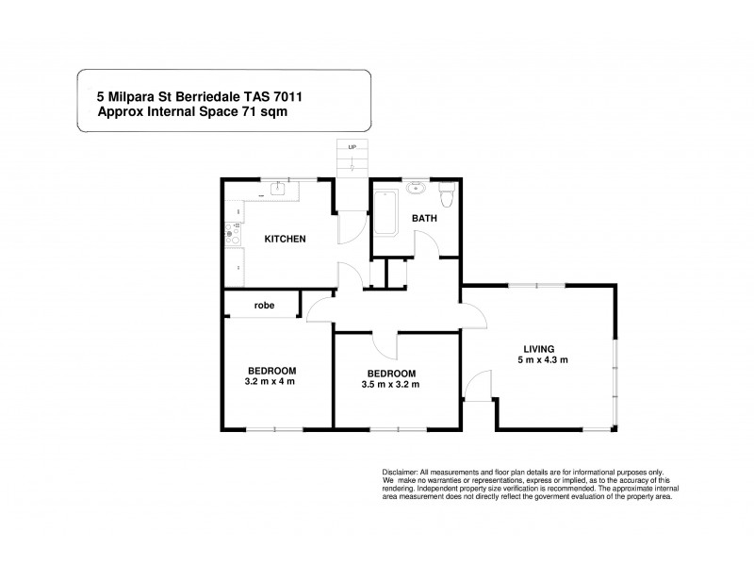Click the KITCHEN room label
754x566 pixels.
[x=284, y=239]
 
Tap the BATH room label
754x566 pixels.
[x=423, y=219]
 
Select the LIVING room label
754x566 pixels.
[x=542, y=348]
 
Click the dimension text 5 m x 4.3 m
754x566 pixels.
[x=542, y=360]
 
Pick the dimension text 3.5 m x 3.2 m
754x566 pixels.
[x=390, y=384]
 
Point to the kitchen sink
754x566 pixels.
[x=279, y=190]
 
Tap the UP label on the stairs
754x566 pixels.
[x=352, y=148]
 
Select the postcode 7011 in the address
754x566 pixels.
[x=311, y=95]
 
